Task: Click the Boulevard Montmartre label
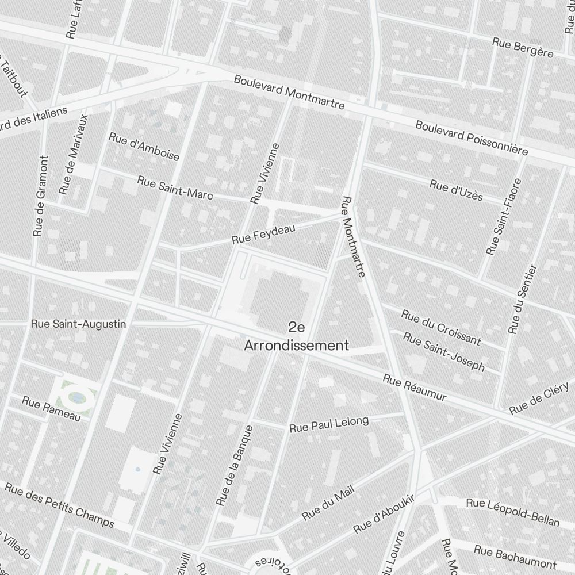[x=289, y=92]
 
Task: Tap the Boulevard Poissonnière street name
[x=471, y=138]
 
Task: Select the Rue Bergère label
[x=523, y=48]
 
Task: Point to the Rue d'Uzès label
[x=456, y=190]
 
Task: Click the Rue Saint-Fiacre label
[x=504, y=217]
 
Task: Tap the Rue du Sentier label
[x=523, y=299]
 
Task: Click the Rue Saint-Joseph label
[x=443, y=351]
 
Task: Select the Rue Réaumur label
[x=415, y=389]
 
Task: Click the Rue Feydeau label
[x=263, y=234]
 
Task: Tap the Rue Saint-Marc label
[x=175, y=188]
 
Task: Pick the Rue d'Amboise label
[x=144, y=147]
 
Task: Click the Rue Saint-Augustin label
[x=78, y=324]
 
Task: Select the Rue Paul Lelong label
[x=329, y=424]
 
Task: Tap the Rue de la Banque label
[x=235, y=466]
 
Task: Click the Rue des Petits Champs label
[x=60, y=505]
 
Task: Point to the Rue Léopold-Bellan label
[x=512, y=512]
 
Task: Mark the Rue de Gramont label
[x=40, y=195]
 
